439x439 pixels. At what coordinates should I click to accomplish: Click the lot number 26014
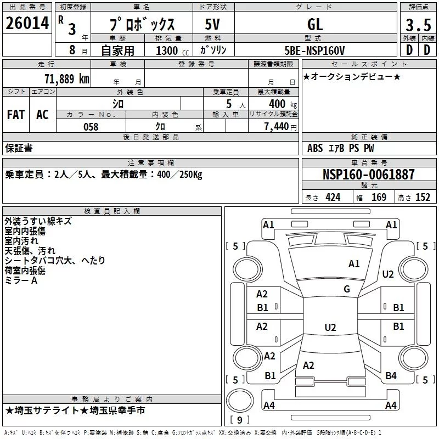(x=27, y=23)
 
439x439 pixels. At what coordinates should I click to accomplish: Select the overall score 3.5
(x=418, y=25)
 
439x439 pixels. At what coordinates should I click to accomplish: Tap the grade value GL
(x=315, y=24)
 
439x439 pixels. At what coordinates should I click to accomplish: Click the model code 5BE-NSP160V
(x=314, y=50)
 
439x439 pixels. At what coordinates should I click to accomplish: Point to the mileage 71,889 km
(x=67, y=78)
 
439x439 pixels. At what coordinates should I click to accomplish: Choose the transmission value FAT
(x=16, y=115)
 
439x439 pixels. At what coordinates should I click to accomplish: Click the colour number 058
(x=91, y=127)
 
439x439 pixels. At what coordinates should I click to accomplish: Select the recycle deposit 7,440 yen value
(x=280, y=127)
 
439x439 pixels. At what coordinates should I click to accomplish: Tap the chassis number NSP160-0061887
(x=368, y=174)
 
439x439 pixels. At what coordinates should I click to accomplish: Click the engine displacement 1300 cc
(x=172, y=50)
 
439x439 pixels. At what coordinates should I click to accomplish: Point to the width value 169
(x=379, y=198)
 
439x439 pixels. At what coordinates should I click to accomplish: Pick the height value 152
(x=423, y=198)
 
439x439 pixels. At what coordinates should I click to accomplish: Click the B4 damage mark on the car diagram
(x=391, y=376)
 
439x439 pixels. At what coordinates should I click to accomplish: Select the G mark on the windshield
(x=347, y=289)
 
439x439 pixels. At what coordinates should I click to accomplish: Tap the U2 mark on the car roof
(x=330, y=327)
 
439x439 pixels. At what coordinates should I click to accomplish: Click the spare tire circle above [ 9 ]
(x=240, y=401)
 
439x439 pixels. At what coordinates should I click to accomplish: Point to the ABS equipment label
(x=315, y=148)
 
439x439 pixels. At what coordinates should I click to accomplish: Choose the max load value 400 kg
(x=283, y=104)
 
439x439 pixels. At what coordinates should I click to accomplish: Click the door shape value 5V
(x=212, y=24)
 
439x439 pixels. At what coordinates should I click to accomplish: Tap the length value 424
(x=333, y=198)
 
